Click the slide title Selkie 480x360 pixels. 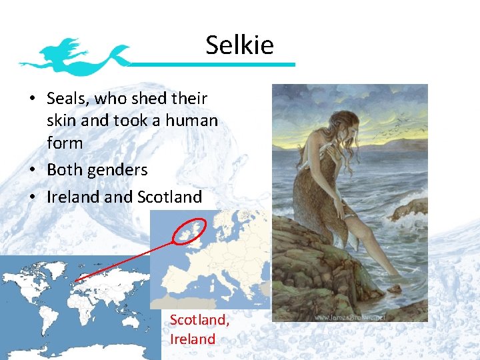click(239, 45)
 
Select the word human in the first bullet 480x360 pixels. click(193, 121)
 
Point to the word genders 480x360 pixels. click(116, 170)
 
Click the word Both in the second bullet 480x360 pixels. click(63, 170)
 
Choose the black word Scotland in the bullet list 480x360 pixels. click(169, 197)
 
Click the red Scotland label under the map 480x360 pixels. click(199, 320)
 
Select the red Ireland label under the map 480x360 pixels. click(193, 339)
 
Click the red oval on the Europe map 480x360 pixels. click(190, 229)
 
